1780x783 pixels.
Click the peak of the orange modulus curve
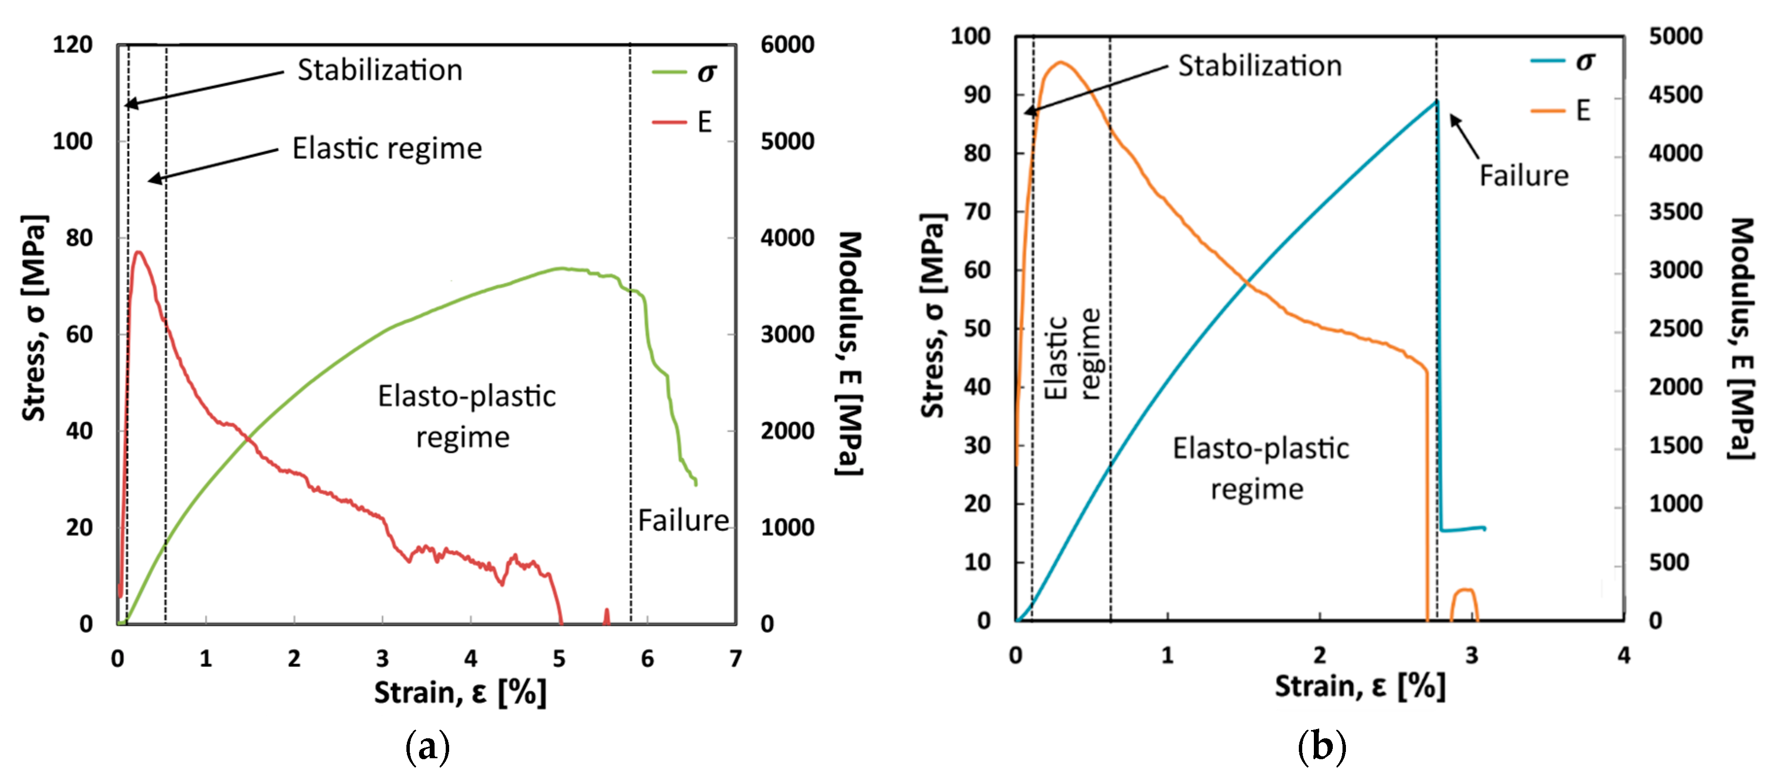[1060, 63]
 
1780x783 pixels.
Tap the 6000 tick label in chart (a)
[787, 45]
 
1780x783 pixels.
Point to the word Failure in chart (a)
[683, 520]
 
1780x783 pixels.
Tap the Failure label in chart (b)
[1524, 175]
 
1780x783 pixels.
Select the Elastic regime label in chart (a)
[387, 149]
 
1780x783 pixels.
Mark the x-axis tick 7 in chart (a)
[735, 659]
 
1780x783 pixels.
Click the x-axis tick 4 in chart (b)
[1623, 655]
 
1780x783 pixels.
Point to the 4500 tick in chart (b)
[1675, 95]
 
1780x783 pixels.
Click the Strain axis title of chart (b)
[1359, 687]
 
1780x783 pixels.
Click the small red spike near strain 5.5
[607, 615]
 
